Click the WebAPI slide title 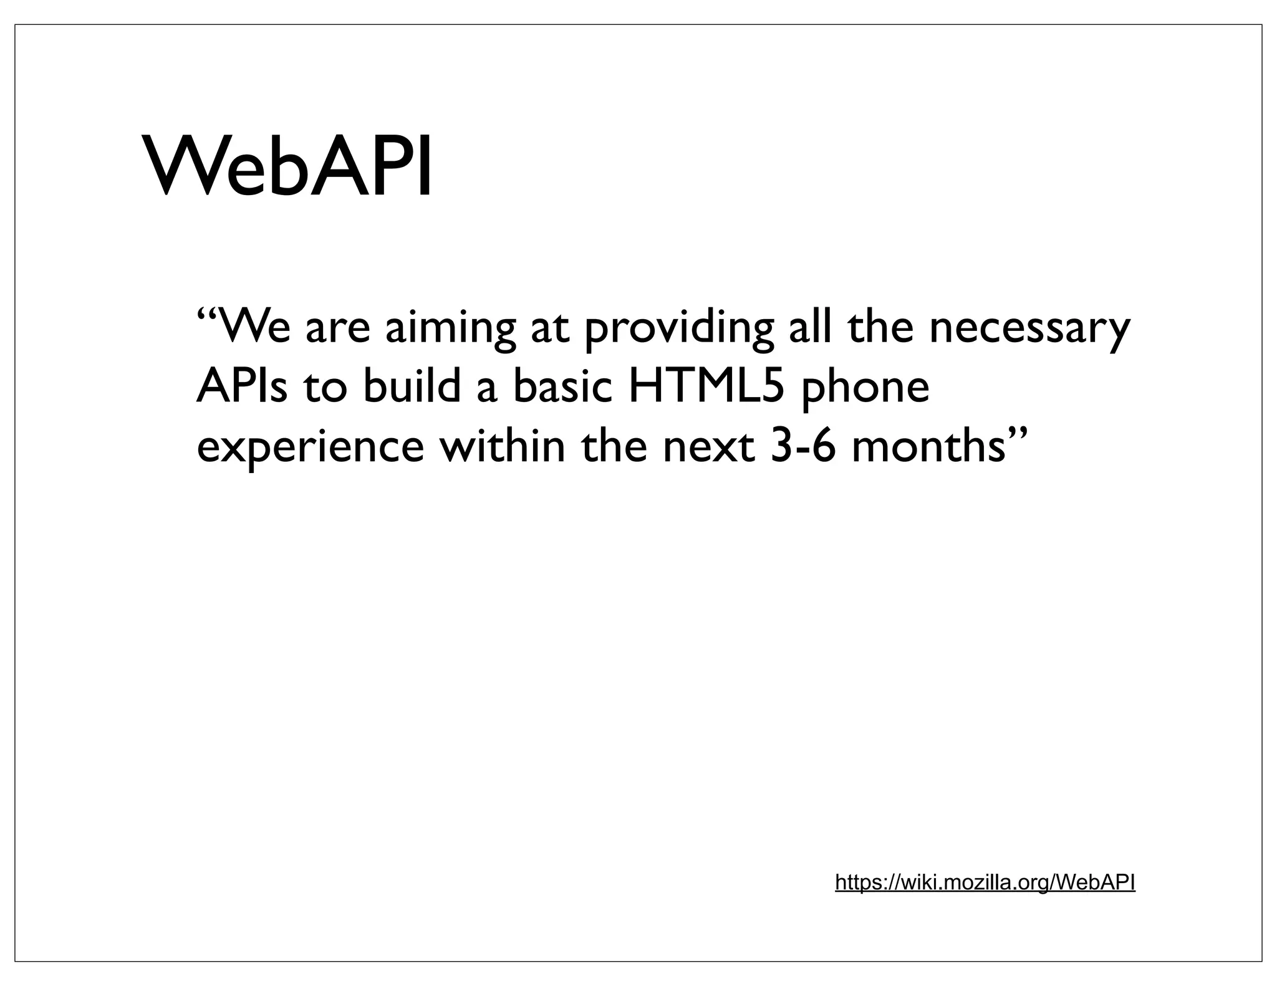coord(288,166)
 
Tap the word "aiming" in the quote coord(450,328)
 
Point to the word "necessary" coord(1029,328)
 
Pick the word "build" coord(412,386)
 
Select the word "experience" coord(310,448)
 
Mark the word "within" coord(502,446)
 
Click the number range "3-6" coord(802,446)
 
